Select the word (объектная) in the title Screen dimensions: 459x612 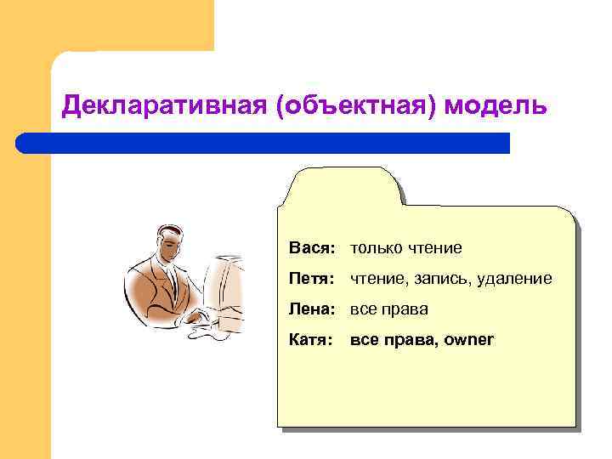coord(332,107)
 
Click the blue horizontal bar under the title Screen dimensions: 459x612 coord(263,143)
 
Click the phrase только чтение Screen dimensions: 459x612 coord(405,248)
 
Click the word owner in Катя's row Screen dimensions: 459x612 coord(469,340)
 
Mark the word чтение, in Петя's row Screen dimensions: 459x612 coord(378,279)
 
